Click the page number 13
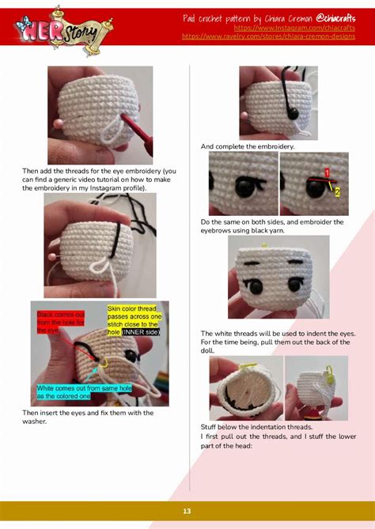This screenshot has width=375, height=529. [x=187, y=512]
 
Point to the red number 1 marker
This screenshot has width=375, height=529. [x=326, y=172]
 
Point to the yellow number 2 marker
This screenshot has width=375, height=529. [x=338, y=191]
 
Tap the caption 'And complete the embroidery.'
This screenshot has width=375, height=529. [x=247, y=146]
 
